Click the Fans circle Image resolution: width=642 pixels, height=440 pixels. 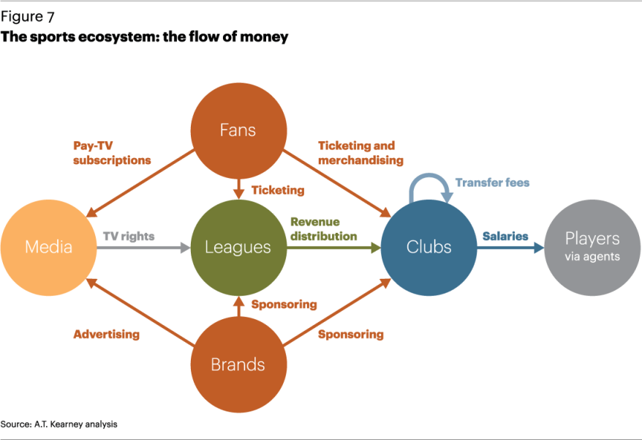[238, 131]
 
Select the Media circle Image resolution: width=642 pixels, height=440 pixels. [49, 247]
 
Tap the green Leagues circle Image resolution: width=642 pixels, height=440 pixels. [238, 247]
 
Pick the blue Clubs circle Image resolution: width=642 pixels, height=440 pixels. [429, 247]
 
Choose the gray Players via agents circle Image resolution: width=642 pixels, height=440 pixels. [592, 247]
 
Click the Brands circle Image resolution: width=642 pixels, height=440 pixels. [238, 365]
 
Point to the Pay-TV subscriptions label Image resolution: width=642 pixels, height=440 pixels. [112, 153]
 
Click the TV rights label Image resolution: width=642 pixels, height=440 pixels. [129, 236]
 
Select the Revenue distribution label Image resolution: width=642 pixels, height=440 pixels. [323, 228]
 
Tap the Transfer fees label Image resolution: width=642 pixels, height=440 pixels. [492, 182]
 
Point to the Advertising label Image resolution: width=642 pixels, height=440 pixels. [106, 335]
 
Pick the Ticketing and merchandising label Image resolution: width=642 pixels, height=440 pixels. [360, 153]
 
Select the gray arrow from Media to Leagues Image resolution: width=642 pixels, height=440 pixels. [143, 248]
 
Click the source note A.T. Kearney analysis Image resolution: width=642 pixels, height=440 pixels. [58, 424]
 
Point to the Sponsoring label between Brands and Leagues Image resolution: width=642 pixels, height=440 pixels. [284, 304]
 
